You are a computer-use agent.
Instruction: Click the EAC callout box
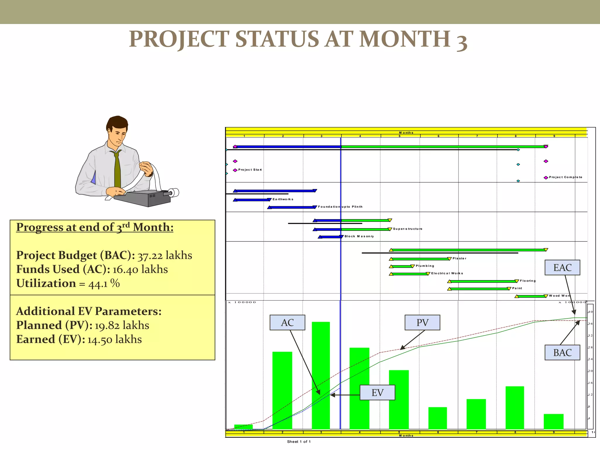[x=562, y=267]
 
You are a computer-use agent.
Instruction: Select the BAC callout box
[x=562, y=352]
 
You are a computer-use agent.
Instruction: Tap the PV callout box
[x=422, y=323]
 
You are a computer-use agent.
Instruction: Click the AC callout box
[x=287, y=323]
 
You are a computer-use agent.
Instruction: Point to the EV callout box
[x=377, y=393]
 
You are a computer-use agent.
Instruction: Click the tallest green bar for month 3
[x=321, y=375]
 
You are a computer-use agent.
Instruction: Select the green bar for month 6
[x=437, y=418]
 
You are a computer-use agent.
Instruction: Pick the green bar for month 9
[x=553, y=422]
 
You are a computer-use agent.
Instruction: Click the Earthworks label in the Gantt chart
[x=283, y=199]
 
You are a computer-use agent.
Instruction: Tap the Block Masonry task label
[x=359, y=236]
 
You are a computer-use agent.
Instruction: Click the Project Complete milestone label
[x=565, y=177]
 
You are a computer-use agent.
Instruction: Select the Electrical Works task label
[x=447, y=273]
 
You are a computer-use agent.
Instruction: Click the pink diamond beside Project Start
[x=235, y=170]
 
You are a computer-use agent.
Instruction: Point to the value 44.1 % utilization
[x=104, y=284]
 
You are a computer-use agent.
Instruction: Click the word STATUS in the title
[x=277, y=39]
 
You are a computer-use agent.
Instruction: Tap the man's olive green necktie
[x=117, y=170]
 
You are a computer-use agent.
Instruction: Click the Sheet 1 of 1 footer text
[x=299, y=442]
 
